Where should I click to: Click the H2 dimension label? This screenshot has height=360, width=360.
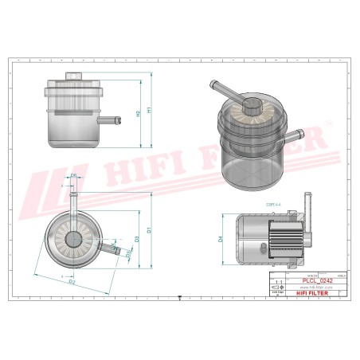tap(138, 114)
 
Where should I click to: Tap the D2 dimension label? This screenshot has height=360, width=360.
tap(72, 281)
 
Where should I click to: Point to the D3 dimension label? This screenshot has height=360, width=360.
tap(138, 237)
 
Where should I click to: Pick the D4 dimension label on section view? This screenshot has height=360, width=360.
tap(221, 238)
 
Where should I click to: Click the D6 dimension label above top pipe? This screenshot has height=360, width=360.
tap(73, 175)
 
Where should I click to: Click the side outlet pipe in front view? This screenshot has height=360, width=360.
tap(113, 119)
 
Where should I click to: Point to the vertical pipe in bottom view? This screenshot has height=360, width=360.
tap(73, 199)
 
